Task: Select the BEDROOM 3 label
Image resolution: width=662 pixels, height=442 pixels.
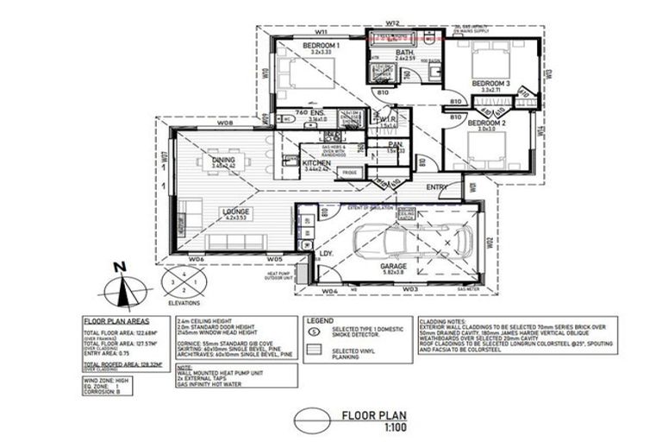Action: click(x=490, y=83)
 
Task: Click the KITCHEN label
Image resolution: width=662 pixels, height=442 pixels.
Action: click(x=317, y=161)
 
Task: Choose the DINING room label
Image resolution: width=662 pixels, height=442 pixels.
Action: click(x=223, y=159)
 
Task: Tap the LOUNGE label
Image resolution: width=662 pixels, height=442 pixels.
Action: click(x=234, y=211)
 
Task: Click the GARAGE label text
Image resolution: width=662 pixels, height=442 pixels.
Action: click(x=394, y=267)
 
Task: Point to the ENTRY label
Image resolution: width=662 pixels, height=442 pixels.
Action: click(x=436, y=186)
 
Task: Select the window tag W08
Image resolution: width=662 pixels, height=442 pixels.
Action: click(x=225, y=124)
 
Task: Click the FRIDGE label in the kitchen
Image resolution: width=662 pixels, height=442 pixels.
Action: click(x=349, y=173)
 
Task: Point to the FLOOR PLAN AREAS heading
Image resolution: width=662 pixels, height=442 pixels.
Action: click(x=118, y=319)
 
